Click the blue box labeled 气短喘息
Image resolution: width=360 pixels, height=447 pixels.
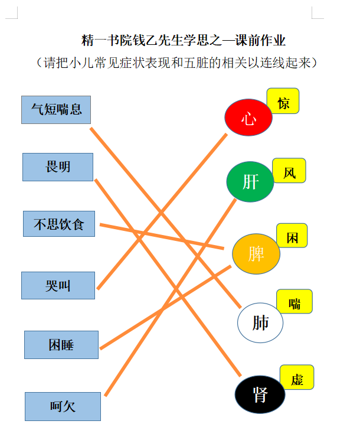pos(56,110)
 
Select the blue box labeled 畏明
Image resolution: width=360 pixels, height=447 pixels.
pos(58,167)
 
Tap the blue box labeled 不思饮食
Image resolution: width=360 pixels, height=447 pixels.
pos(59,224)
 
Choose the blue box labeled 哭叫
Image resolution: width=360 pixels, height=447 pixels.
pos(58,285)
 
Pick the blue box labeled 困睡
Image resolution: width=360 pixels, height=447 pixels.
pos(61,345)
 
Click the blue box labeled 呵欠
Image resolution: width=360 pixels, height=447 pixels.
pos(63,406)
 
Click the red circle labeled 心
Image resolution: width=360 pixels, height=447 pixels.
pos(248,117)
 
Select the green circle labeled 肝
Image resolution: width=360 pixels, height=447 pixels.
pos(250,182)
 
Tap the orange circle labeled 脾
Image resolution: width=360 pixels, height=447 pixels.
pos(256,254)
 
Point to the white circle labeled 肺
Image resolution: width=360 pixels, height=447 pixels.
pos(260,323)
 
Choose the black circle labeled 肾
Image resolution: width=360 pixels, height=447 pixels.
pos(260,394)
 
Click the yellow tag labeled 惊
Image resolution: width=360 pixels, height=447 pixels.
pos(283,101)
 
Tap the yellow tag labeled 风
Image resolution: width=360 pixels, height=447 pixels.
pos(289,171)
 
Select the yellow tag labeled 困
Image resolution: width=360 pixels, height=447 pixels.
pos(292,236)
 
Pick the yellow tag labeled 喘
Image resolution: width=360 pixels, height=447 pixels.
pos(294,301)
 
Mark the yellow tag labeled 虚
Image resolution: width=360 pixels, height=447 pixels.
pos(297,377)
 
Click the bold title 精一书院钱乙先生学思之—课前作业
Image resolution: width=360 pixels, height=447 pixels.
pos(183,40)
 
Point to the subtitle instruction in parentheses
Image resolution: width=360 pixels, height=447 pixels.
pos(176,63)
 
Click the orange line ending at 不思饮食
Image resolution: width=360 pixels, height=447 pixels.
pos(162,237)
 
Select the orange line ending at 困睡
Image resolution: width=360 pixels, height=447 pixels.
pos(165,308)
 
